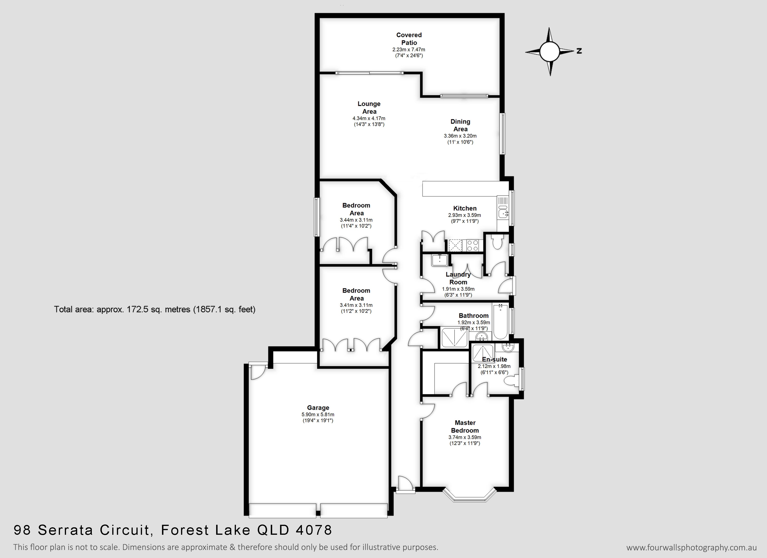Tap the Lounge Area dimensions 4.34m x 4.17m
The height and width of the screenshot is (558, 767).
pos(369,118)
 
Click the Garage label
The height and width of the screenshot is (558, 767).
pos(318,408)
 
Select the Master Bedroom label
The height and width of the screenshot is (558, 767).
pos(465,426)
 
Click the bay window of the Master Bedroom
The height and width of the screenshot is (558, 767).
pos(469,495)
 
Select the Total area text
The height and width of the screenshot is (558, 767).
pos(155,309)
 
